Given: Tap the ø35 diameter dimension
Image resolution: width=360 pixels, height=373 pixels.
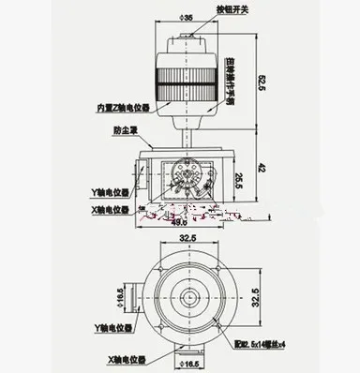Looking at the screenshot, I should pyautogui.click(x=187, y=17).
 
